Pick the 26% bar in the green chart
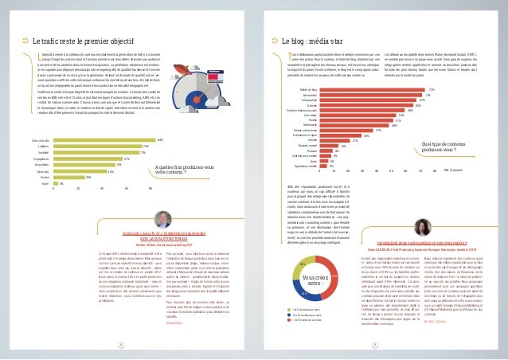(x=68, y=176)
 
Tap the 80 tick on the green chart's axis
(x=151, y=189)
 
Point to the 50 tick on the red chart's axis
(x=392, y=170)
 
